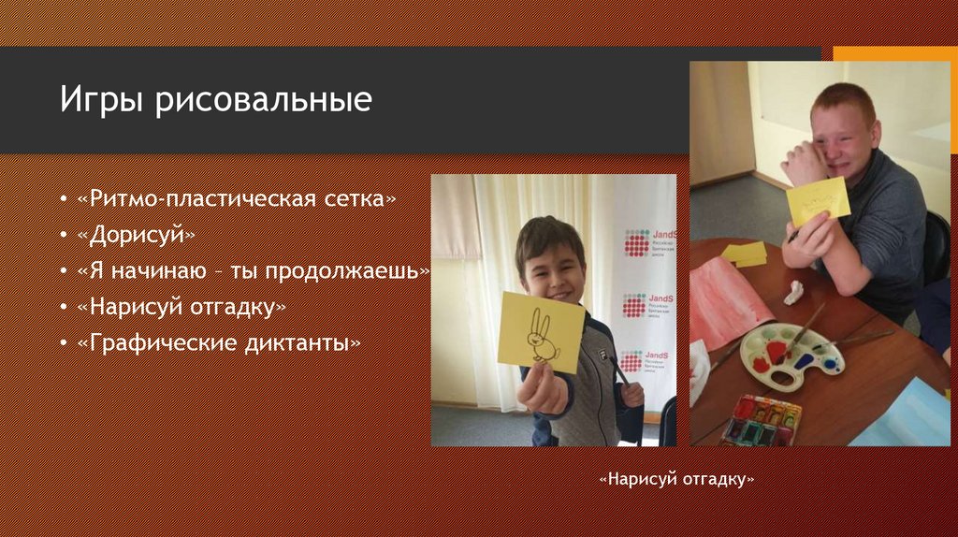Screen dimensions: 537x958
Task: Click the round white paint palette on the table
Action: point(791,356)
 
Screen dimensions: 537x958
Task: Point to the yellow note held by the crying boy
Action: point(818,200)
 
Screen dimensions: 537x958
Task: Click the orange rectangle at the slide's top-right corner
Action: point(893,53)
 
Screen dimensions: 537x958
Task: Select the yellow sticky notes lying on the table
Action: point(746,253)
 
